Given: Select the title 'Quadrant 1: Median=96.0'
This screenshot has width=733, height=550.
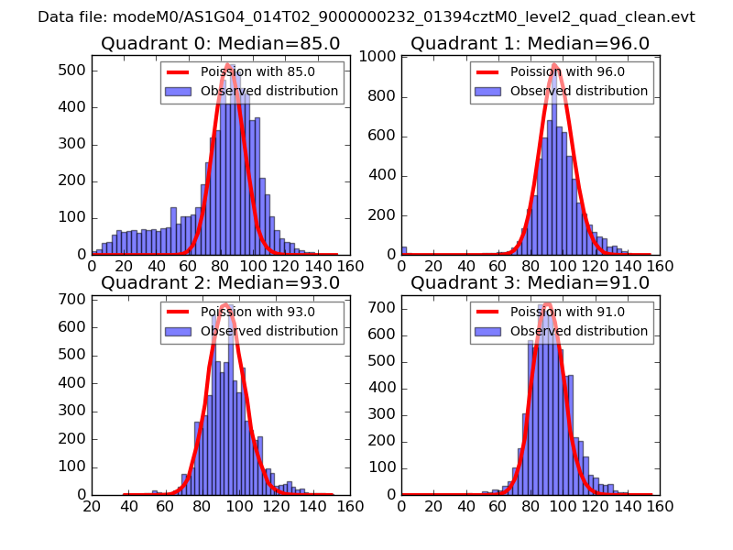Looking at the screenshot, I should (530, 44).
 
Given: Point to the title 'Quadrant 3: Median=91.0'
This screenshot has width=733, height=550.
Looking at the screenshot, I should (530, 282).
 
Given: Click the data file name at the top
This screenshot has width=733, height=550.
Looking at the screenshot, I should (366, 16).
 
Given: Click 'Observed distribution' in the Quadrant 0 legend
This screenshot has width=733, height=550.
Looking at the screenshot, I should (269, 91).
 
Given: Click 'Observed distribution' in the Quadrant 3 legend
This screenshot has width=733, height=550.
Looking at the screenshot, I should (579, 331).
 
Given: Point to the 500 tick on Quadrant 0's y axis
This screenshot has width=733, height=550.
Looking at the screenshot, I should (73, 71).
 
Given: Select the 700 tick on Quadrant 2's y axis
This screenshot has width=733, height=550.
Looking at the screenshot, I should (73, 299).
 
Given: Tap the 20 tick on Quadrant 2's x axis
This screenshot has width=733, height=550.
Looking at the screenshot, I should (91, 505).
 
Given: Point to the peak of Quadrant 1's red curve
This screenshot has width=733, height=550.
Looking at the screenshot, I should (555, 65).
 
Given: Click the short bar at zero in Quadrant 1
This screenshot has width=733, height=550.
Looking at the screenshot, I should (404, 250).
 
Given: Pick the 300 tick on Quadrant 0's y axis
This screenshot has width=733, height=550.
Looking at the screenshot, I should (73, 144).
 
